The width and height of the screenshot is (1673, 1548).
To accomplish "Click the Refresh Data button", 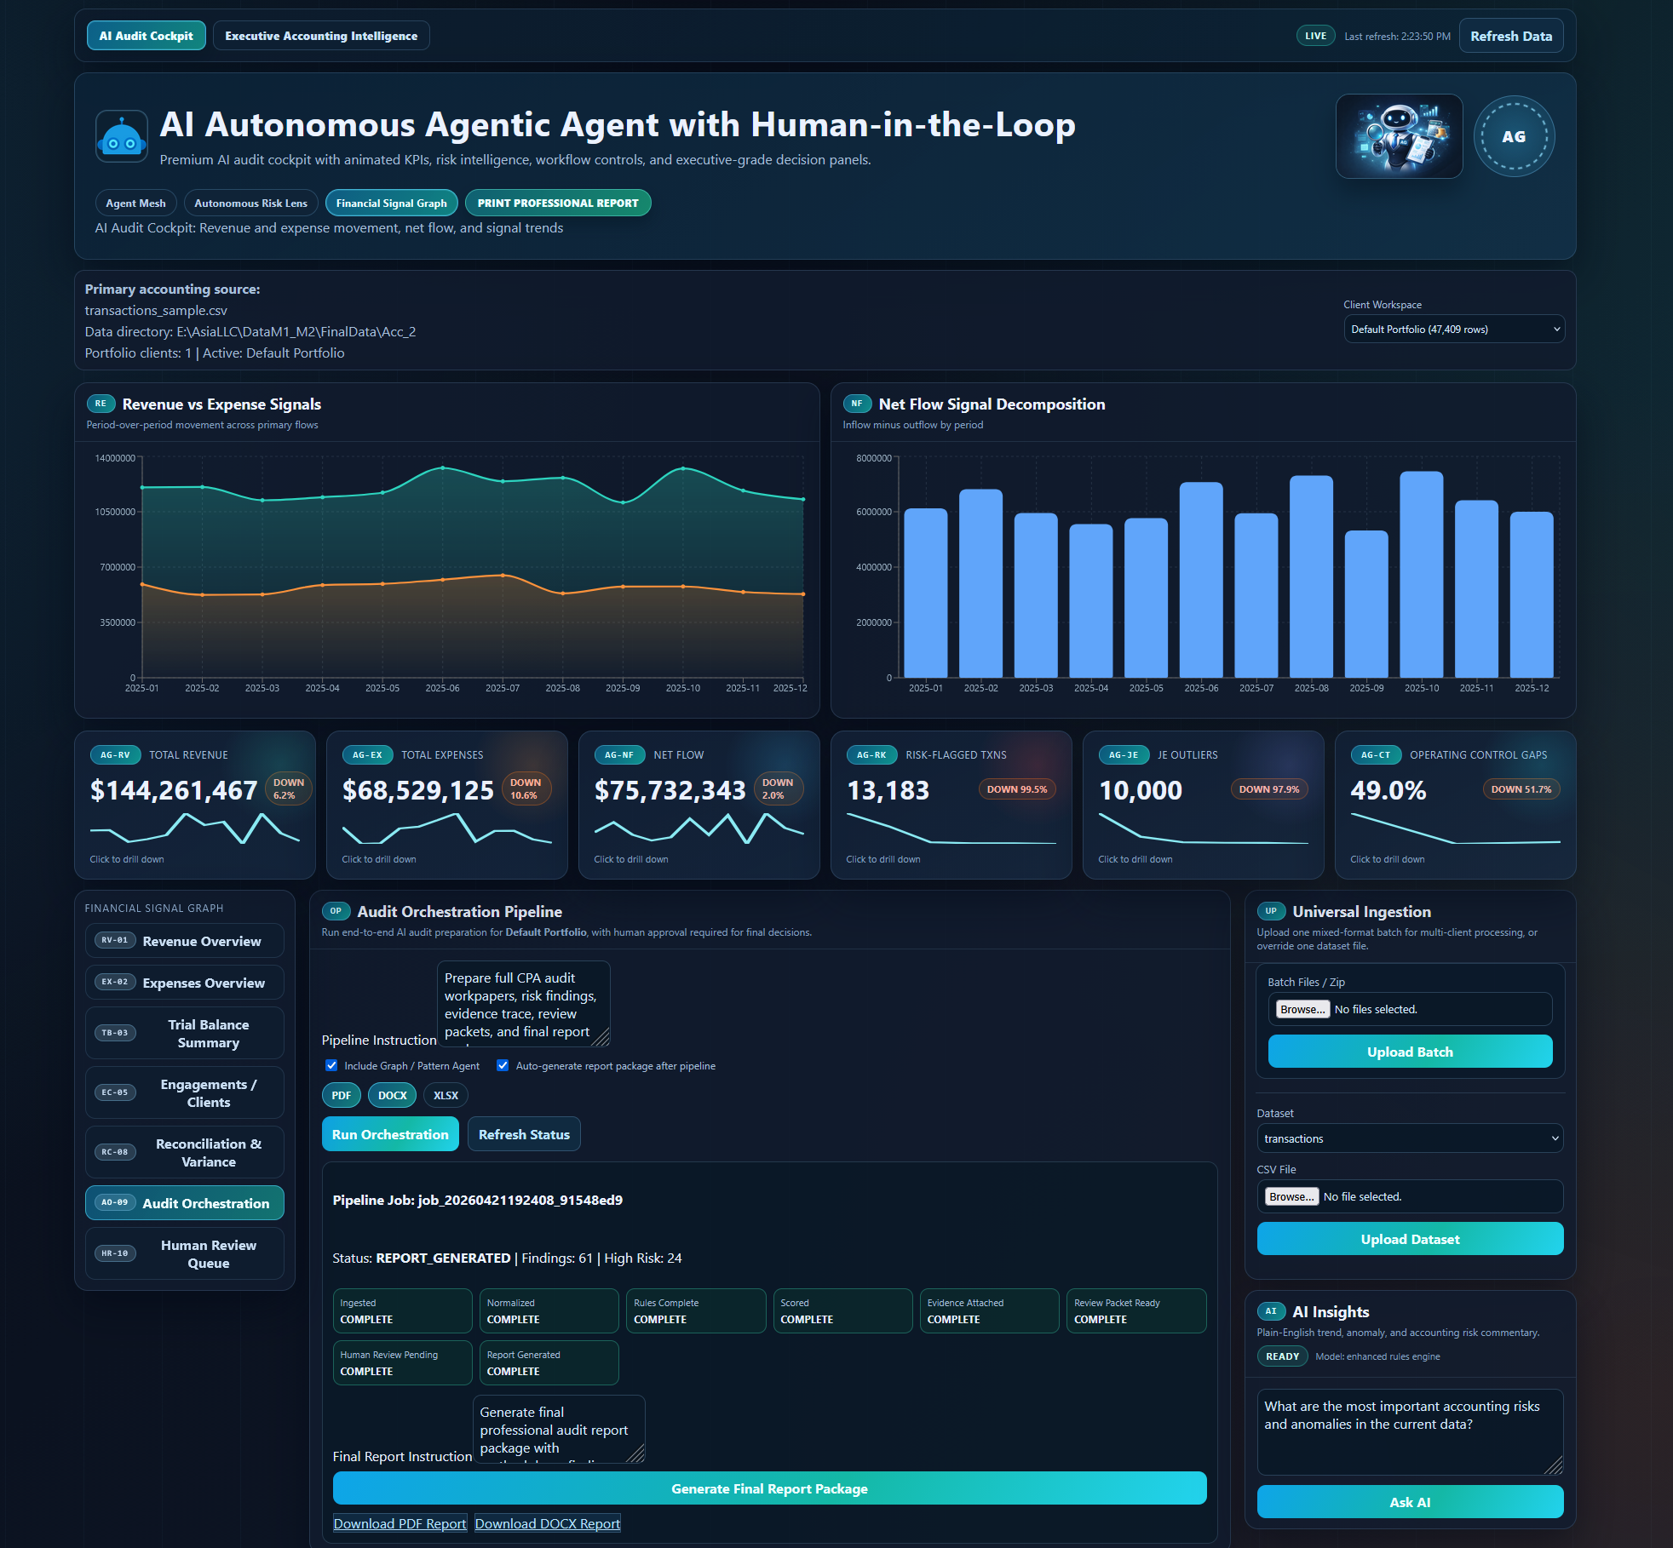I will (1510, 36).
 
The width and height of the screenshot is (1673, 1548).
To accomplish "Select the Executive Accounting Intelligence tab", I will (321, 36).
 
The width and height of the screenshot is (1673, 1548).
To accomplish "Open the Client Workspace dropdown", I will (1453, 330).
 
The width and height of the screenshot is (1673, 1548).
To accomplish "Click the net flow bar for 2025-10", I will (1421, 575).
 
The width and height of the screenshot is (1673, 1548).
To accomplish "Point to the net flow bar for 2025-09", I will (1365, 605).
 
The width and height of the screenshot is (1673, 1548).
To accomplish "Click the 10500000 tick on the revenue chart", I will (115, 512).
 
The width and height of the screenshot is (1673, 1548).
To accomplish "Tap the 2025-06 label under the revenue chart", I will (442, 688).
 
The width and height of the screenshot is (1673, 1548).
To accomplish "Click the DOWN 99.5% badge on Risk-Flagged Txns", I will (1016, 789).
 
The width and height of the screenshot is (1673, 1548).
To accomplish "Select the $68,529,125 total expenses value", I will (417, 790).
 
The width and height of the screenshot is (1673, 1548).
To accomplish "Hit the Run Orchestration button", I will (390, 1134).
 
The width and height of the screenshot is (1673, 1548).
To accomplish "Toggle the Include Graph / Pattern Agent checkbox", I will (331, 1065).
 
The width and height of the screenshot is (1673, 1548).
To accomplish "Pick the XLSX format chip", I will (446, 1095).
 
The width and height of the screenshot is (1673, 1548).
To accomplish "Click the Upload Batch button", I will (1409, 1052).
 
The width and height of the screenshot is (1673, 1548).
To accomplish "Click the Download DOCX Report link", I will (547, 1523).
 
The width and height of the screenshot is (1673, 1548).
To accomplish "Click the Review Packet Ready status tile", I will (1135, 1310).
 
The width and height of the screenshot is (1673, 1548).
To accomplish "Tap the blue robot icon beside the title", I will (121, 136).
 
